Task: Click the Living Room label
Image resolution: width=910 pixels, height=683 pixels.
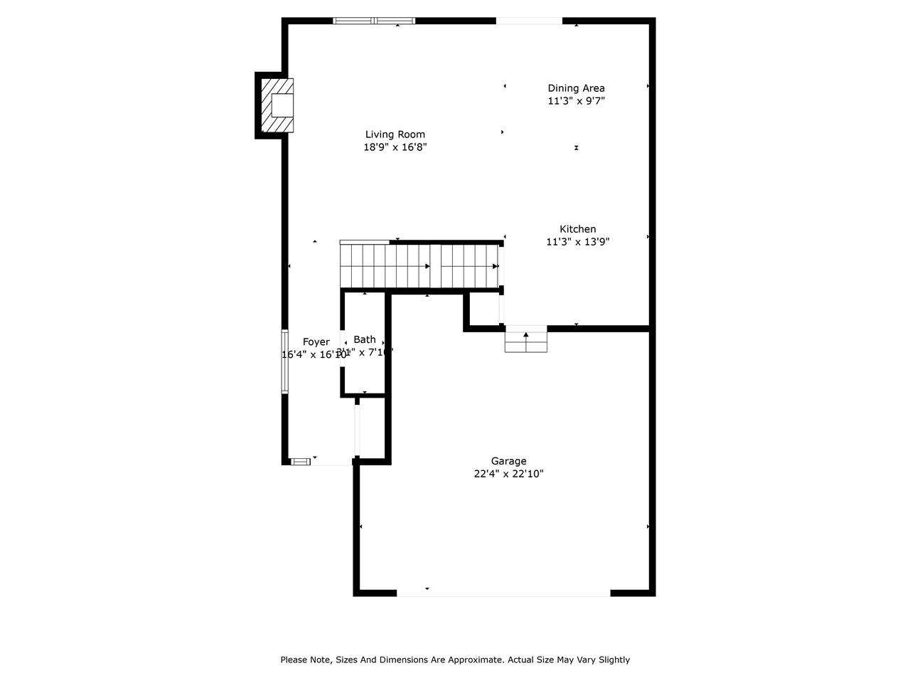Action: click(x=395, y=134)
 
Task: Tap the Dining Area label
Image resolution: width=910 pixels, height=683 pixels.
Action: click(x=576, y=88)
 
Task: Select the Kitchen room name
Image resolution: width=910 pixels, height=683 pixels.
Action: click(x=577, y=229)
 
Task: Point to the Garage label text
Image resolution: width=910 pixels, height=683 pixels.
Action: click(x=508, y=461)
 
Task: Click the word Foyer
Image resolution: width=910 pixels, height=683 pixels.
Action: click(x=316, y=342)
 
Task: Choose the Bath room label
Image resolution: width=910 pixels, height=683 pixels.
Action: click(x=365, y=339)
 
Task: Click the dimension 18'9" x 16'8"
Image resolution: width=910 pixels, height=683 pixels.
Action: click(x=395, y=147)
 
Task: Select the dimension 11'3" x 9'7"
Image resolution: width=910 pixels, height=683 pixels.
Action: click(x=576, y=101)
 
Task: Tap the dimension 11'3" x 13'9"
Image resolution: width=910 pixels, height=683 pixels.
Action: click(x=577, y=242)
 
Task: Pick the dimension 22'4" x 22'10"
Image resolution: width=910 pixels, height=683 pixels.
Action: click(x=508, y=474)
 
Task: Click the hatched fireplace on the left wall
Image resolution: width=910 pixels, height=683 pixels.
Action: click(x=277, y=105)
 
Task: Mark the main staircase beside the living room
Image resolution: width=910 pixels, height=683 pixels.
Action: click(x=419, y=266)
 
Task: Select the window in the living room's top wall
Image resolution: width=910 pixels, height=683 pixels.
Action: click(x=374, y=21)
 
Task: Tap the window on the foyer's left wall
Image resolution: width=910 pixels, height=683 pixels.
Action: click(x=285, y=361)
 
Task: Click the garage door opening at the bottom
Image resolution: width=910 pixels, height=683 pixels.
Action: click(x=503, y=593)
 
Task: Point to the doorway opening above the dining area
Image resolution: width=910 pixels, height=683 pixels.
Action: click(x=529, y=21)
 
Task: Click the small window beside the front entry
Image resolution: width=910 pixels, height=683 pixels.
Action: click(x=301, y=461)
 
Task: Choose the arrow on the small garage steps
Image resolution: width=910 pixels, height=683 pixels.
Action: click(x=526, y=334)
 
